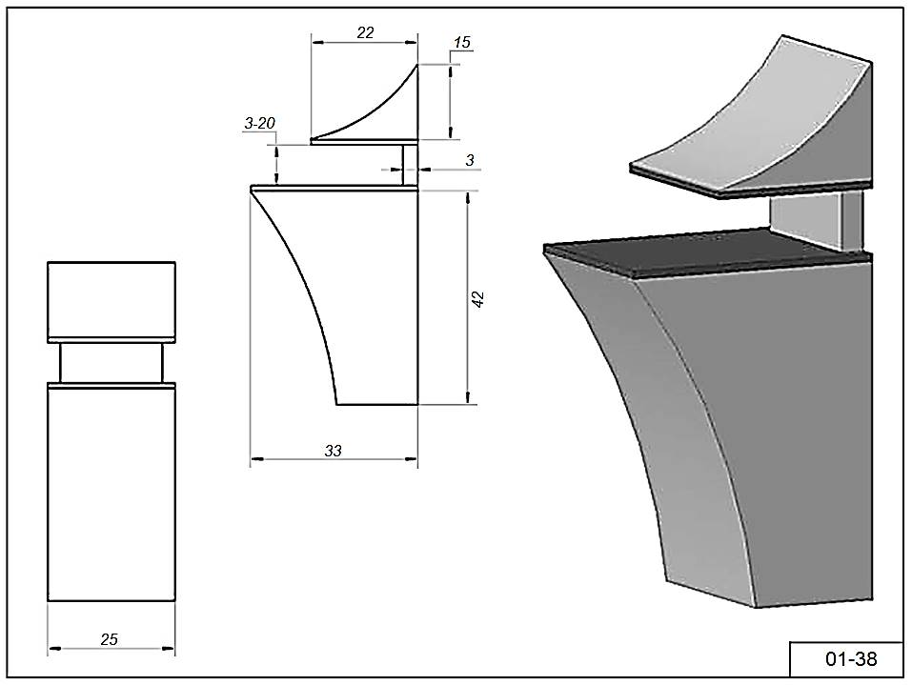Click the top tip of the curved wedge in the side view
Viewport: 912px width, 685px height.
point(417,64)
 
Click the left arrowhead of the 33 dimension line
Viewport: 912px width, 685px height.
point(255,459)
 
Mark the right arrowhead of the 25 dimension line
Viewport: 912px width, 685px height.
point(169,649)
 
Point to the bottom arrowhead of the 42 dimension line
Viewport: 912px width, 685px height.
point(468,397)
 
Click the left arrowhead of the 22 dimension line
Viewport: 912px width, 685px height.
point(317,42)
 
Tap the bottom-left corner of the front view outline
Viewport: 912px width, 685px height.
point(48,600)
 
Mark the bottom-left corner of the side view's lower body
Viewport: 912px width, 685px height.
point(337,404)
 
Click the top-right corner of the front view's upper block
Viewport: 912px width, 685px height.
point(175,262)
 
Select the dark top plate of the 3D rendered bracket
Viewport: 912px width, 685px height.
point(707,252)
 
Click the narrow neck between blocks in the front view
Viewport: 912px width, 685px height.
point(111,363)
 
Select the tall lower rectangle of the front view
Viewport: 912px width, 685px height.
point(111,494)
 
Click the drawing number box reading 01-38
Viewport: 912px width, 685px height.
point(845,659)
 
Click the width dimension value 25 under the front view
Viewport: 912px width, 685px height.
point(110,639)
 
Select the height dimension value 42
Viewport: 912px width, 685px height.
point(478,299)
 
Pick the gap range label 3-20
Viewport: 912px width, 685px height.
point(259,123)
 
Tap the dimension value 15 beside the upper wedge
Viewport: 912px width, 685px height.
point(462,42)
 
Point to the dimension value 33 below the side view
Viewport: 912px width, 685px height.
point(334,450)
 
